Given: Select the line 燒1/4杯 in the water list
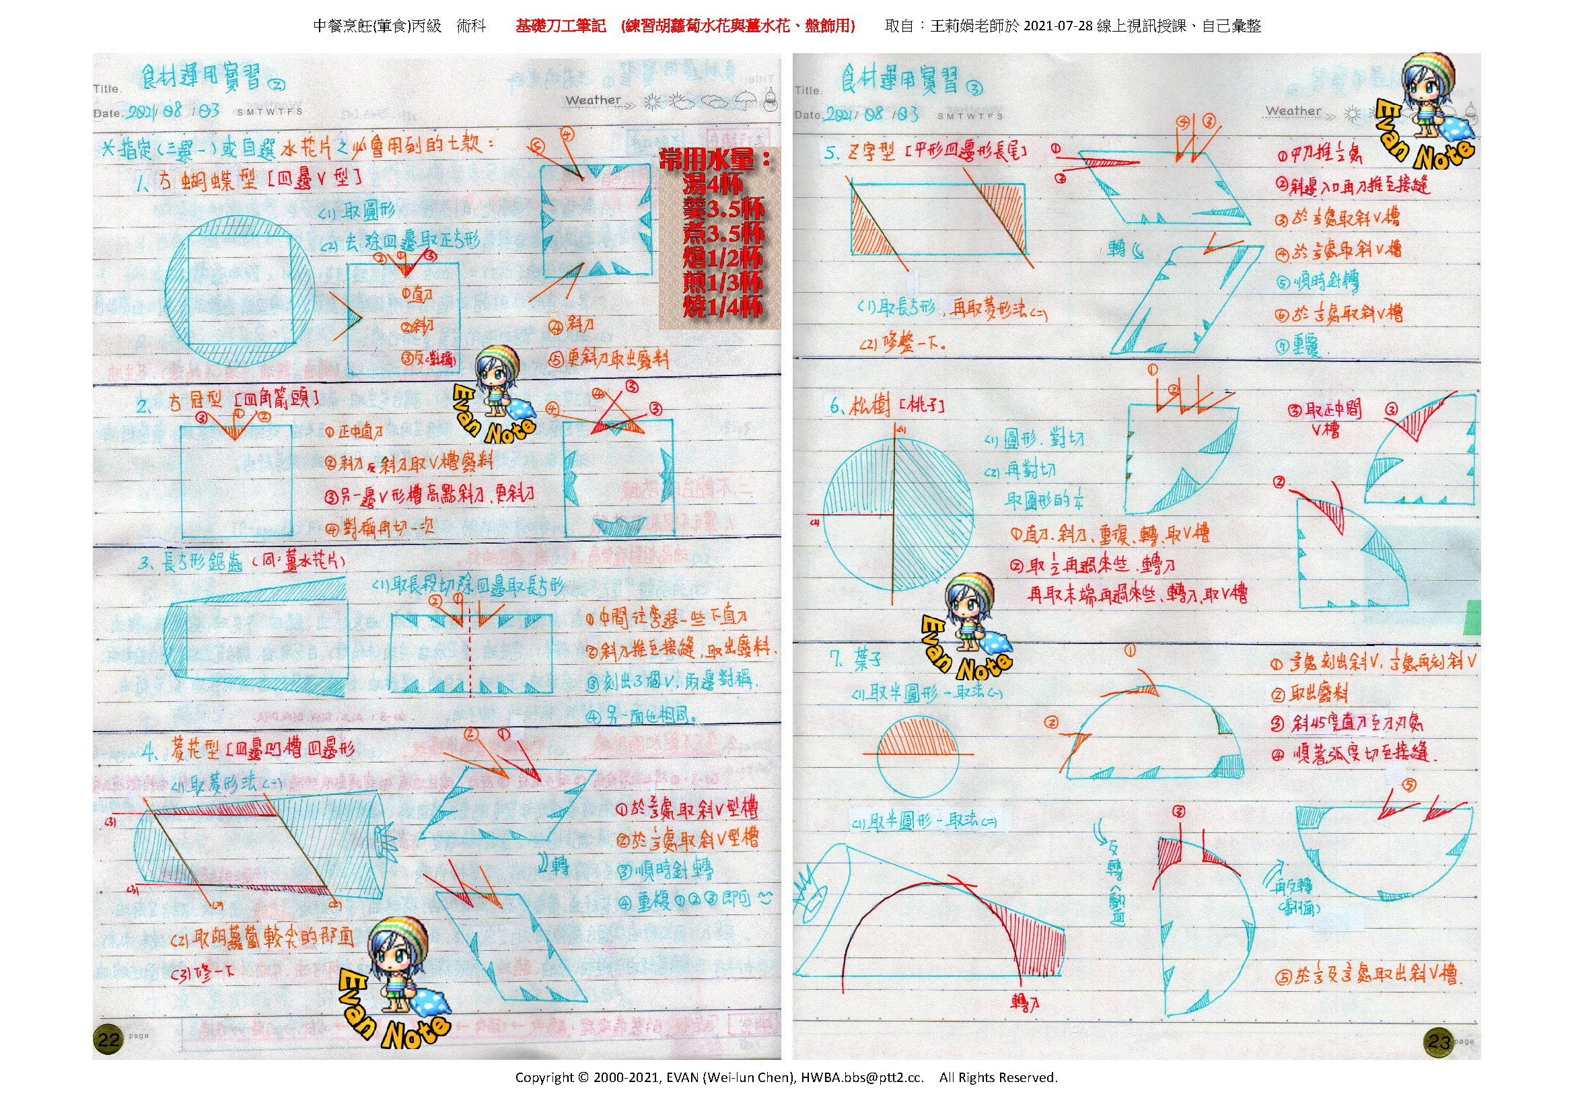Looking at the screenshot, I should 722,306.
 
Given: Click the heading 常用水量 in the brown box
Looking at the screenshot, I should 713,159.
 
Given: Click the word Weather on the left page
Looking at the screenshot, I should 593,100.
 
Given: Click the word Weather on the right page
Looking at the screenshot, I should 1293,111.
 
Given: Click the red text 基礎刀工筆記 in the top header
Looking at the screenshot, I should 560,26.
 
